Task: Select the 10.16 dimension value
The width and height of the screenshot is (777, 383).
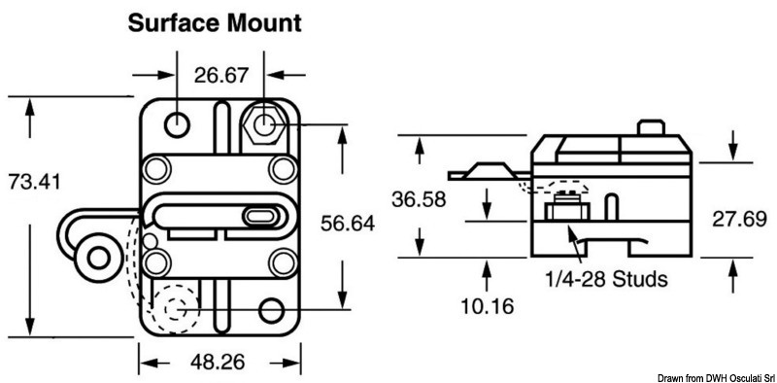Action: pos(482,305)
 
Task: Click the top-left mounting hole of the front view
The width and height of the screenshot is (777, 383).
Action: pos(178,123)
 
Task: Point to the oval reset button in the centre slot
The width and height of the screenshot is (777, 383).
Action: pos(259,215)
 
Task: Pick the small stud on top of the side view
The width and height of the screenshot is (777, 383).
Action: pos(646,129)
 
